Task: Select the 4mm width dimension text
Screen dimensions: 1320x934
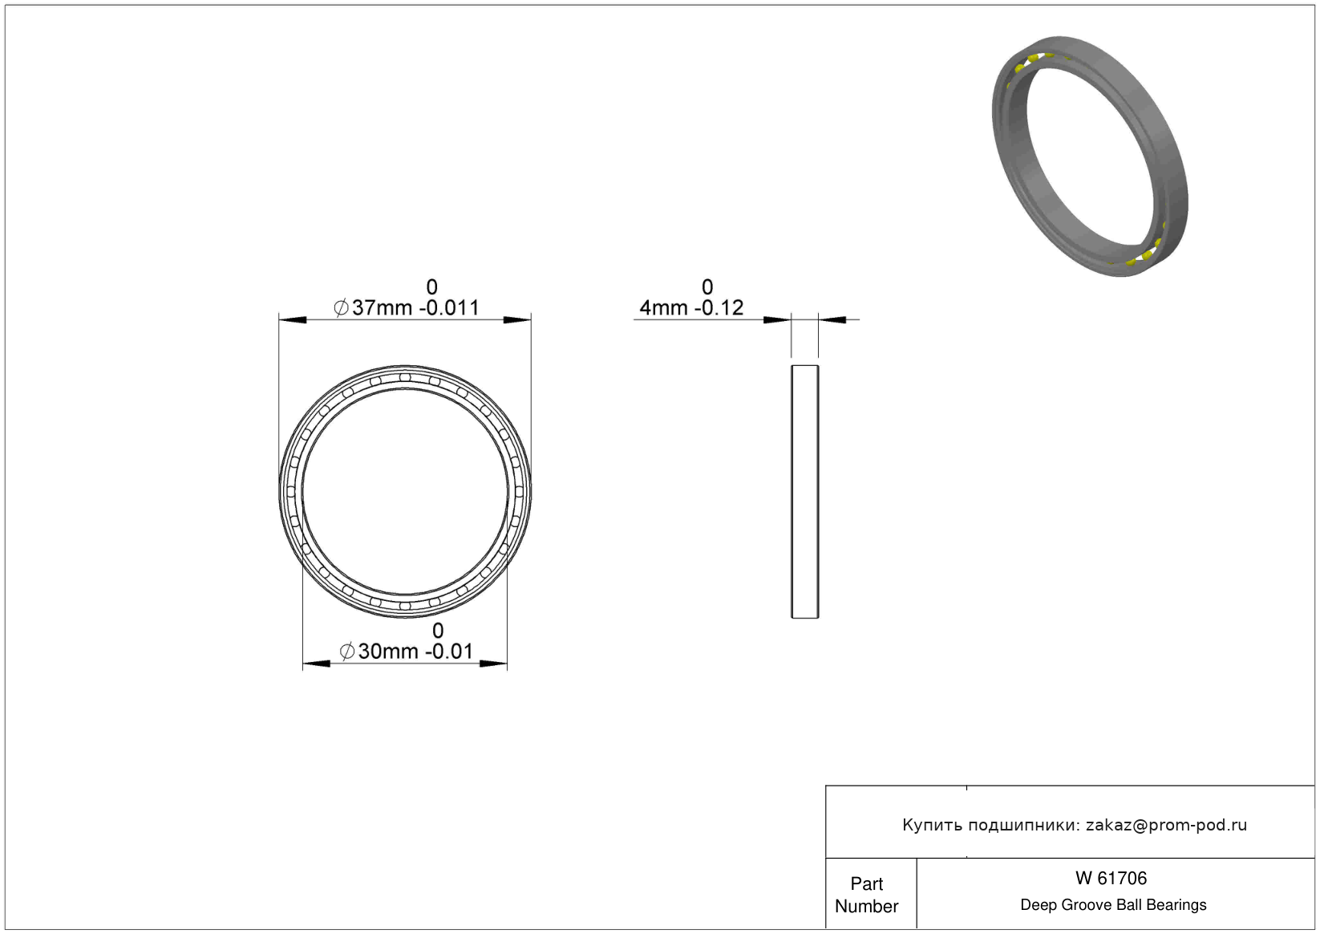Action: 663,308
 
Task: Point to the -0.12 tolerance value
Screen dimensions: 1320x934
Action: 719,308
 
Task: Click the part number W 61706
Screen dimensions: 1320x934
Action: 1111,879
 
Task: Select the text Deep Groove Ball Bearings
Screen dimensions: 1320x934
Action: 1113,905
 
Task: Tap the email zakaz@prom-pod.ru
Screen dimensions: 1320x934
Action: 1166,825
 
